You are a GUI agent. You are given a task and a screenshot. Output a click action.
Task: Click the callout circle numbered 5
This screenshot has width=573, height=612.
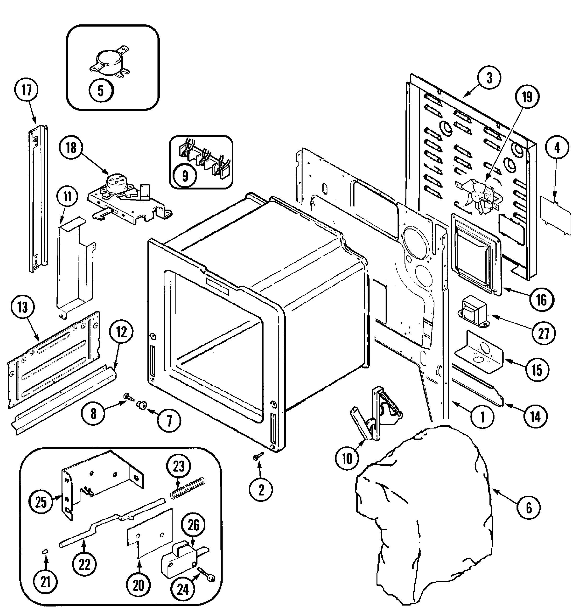pyautogui.click(x=101, y=91)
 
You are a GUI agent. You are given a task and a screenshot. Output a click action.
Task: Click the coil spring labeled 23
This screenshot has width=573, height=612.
pyautogui.click(x=187, y=488)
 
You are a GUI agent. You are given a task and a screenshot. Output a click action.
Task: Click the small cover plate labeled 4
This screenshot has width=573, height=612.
pyautogui.click(x=556, y=216)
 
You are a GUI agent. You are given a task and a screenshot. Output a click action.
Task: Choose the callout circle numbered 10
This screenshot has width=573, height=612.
pyautogui.click(x=347, y=459)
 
